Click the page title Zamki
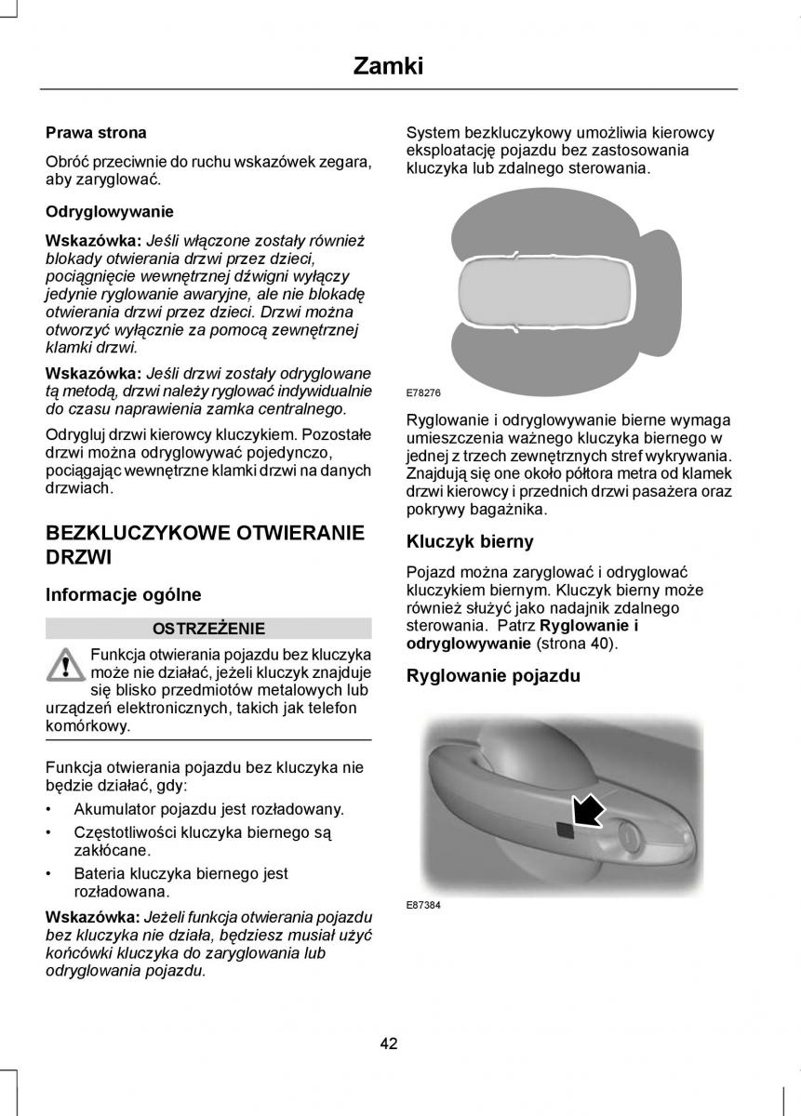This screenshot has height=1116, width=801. pos(389,65)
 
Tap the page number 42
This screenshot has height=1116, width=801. pos(389,1043)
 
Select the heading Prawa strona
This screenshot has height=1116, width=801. pos(96,133)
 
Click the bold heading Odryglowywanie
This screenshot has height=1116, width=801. pos(110,211)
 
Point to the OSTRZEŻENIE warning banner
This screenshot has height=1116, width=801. pos(208,628)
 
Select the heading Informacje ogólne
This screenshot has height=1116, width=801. pos(124,594)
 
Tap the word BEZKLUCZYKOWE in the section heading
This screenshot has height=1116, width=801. pos(130,533)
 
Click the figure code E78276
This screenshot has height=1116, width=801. pos(423,392)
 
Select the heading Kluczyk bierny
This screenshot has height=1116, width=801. pos(470,541)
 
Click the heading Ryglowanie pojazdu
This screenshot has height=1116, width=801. pos(493,676)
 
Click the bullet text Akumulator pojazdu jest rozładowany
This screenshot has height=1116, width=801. pos(208,809)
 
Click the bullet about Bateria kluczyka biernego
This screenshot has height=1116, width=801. pos(180,882)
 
